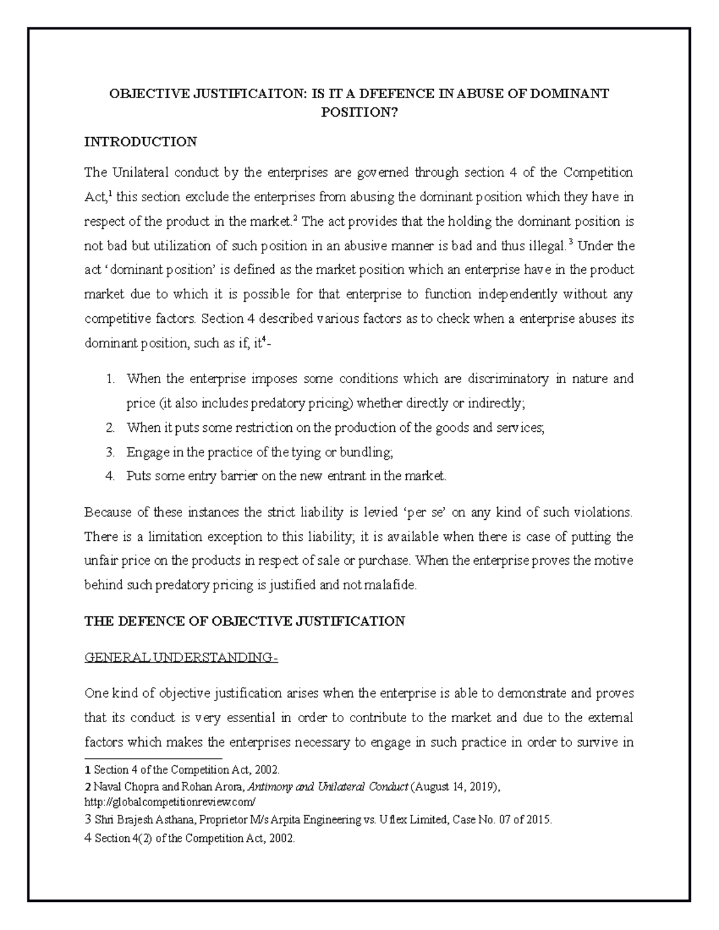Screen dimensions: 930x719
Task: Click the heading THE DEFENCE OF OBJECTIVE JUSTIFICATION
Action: point(244,621)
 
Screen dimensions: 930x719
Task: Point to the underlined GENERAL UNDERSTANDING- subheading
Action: point(182,658)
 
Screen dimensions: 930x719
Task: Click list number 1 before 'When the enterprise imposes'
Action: point(110,379)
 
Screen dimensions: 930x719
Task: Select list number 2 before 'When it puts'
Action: point(110,428)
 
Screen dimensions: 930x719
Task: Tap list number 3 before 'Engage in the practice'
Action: point(110,452)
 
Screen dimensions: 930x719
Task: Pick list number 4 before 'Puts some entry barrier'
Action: point(110,477)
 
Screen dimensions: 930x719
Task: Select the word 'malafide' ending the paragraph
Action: point(392,585)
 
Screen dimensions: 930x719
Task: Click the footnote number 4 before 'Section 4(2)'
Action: point(88,838)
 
